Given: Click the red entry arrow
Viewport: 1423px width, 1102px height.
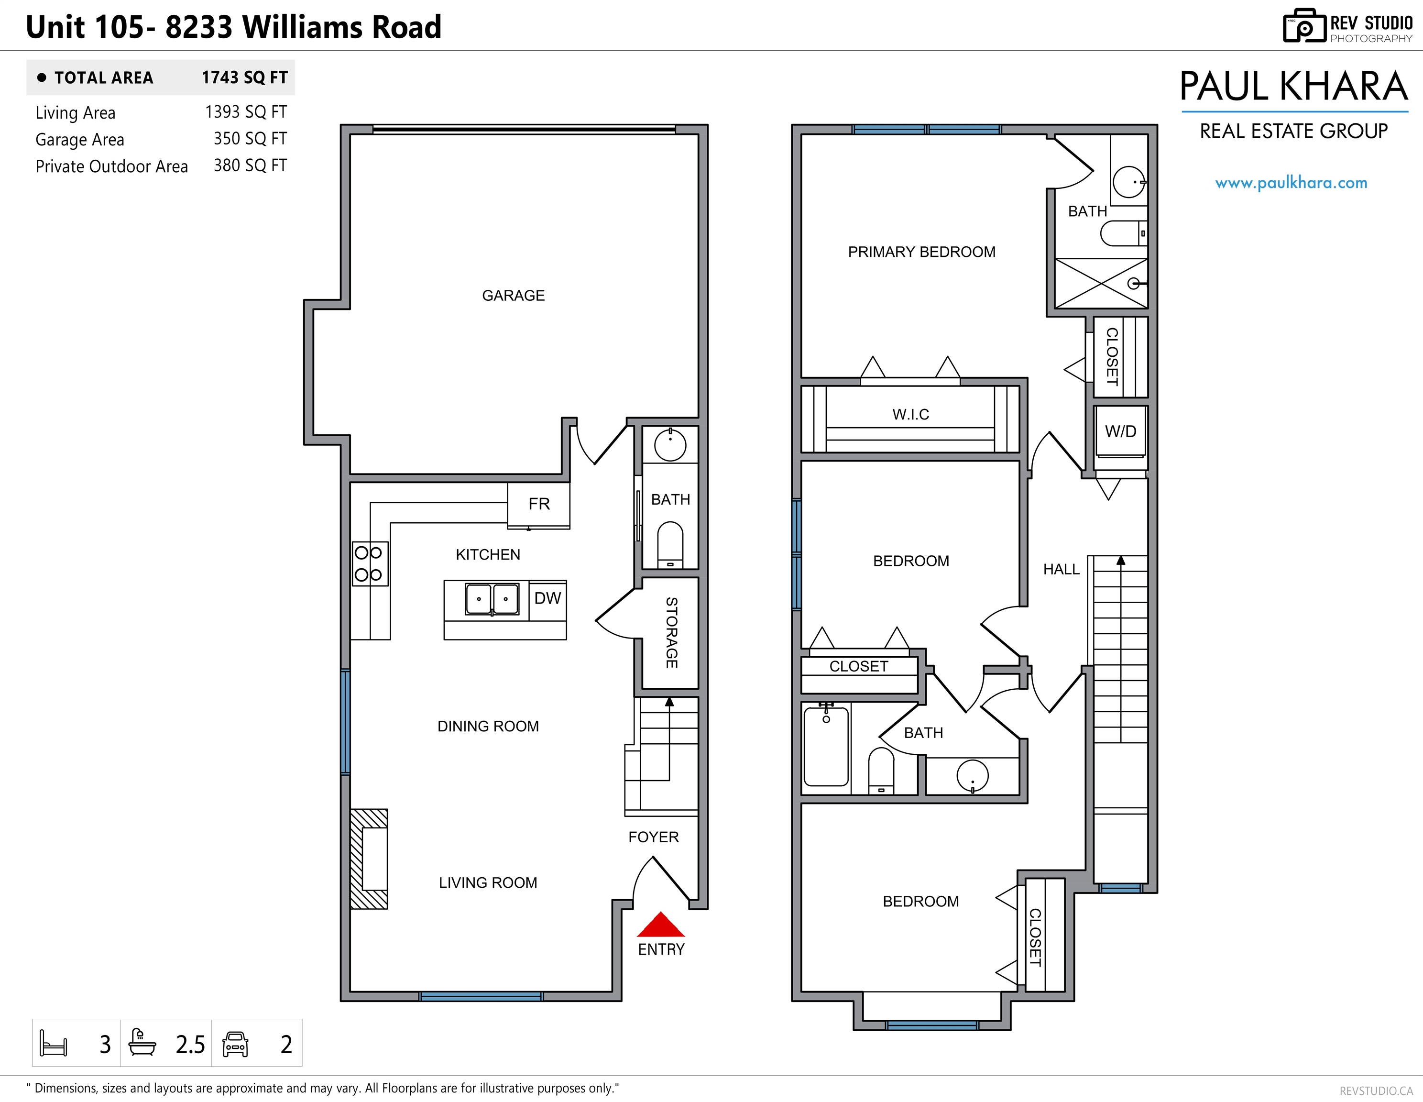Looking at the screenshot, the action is (x=661, y=924).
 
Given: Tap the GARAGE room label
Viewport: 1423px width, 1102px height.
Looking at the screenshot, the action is (x=514, y=295).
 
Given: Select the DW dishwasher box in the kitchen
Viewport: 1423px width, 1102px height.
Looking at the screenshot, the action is (x=547, y=600).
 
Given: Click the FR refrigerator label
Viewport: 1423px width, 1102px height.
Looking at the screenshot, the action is (x=539, y=504).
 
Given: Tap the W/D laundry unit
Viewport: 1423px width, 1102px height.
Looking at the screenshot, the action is (x=1121, y=431).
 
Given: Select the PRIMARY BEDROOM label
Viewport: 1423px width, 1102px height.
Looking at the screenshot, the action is (x=921, y=252).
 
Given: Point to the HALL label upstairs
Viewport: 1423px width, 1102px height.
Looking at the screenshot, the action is (x=1062, y=569).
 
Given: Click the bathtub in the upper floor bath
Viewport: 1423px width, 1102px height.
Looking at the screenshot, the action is (x=826, y=747).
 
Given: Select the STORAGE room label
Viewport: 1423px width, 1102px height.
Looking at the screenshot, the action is (x=671, y=632).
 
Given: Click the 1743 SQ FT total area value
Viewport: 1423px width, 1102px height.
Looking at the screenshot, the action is (x=244, y=77).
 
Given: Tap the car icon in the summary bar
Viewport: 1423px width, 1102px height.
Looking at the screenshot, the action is (x=235, y=1044).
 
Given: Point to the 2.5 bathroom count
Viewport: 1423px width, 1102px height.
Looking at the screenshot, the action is (x=190, y=1045).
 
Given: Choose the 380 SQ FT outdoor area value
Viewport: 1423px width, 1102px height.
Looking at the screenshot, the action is (x=250, y=165).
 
